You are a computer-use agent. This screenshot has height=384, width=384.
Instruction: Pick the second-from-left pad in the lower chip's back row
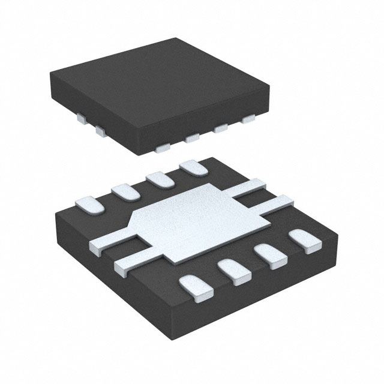(x=124, y=192)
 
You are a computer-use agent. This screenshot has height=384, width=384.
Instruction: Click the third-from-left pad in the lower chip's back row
(x=158, y=179)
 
